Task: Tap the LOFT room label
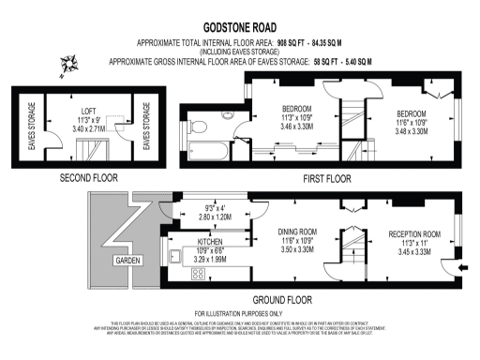pyautogui.click(x=85, y=112)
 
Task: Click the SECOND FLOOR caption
pyautogui.click(x=87, y=177)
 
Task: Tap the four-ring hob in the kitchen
pyautogui.click(x=201, y=273)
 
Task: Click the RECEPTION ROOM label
pyautogui.click(x=413, y=234)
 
